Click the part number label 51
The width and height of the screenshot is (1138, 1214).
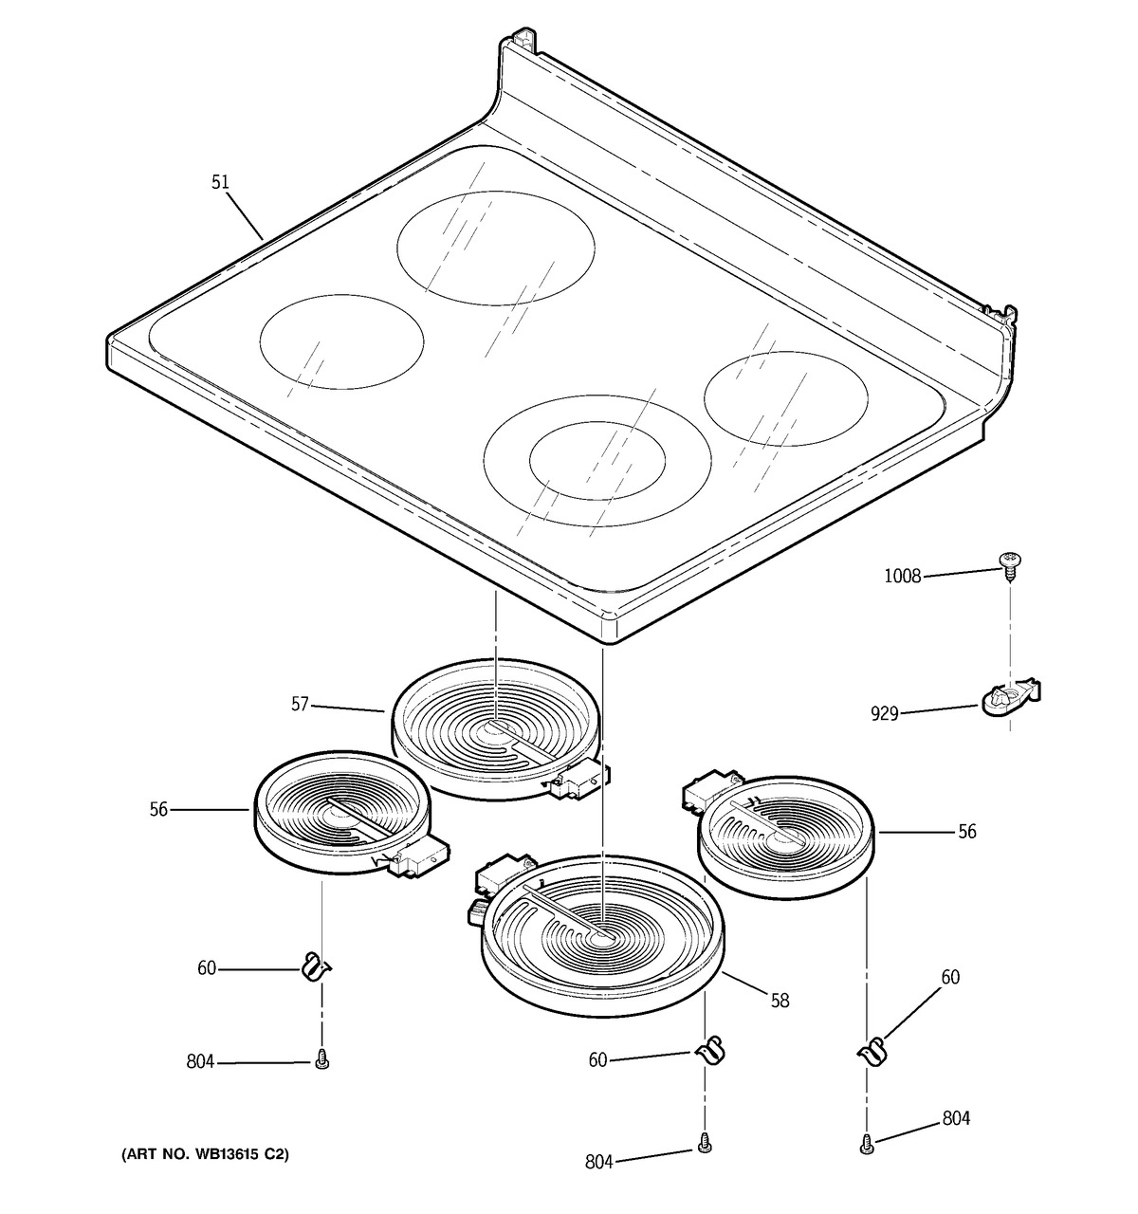point(220,181)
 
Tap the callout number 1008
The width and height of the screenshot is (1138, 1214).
point(902,576)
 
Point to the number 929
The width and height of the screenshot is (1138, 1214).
point(884,714)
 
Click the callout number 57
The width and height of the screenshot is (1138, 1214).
point(300,705)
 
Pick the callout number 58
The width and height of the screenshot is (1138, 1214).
point(780,1000)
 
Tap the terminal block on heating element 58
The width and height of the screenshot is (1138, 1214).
point(500,878)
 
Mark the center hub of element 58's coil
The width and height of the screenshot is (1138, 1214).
point(601,940)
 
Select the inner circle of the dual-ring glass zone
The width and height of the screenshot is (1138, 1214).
point(597,461)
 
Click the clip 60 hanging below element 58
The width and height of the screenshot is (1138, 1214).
point(707,1052)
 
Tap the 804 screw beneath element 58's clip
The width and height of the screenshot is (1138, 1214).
point(704,1145)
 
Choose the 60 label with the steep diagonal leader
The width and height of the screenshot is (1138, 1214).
point(949,977)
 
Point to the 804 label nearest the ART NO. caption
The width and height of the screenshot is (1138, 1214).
point(201,1063)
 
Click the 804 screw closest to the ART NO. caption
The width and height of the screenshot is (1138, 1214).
point(321,1063)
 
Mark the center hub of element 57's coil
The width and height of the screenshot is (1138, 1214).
point(496,727)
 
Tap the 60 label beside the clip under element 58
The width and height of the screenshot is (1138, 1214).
point(597,1060)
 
